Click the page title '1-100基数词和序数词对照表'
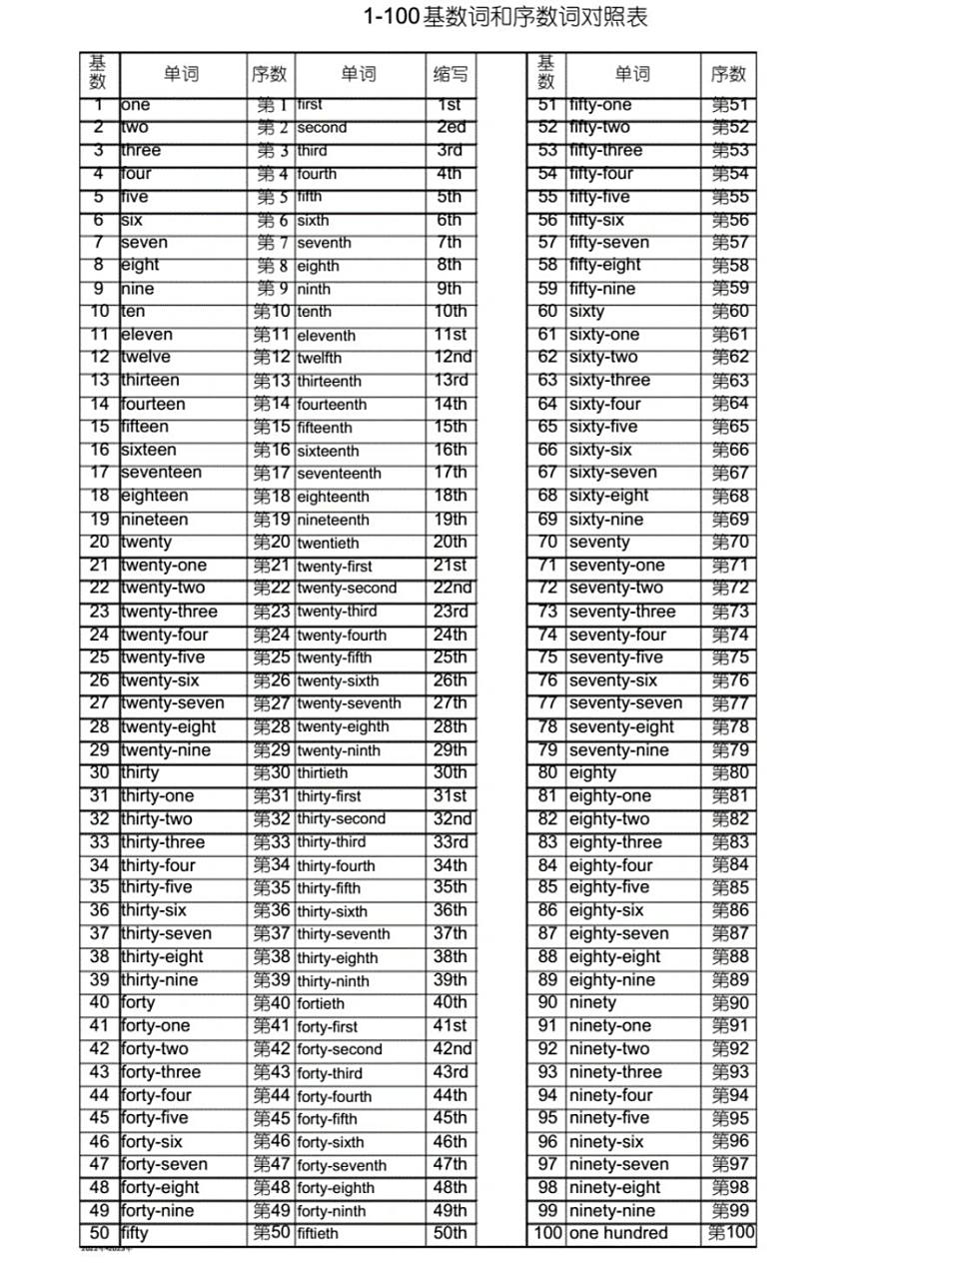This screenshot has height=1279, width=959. click(505, 17)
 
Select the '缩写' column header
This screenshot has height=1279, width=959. click(451, 74)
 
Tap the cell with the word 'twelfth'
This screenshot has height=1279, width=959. click(320, 358)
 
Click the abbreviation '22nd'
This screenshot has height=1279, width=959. click(452, 589)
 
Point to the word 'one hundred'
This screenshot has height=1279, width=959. click(618, 1233)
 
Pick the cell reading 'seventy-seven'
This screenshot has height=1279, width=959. click(625, 703)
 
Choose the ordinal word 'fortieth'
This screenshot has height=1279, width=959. click(321, 1003)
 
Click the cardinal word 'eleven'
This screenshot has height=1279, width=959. click(147, 335)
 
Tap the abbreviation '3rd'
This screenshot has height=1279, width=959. click(450, 151)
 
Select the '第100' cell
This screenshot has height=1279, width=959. click(730, 1233)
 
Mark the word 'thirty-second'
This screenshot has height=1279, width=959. click(341, 819)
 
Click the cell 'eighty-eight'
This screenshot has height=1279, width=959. click(614, 957)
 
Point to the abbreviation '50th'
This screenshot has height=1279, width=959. click(450, 1233)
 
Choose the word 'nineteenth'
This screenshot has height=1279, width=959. click(333, 520)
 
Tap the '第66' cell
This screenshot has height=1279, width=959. click(729, 451)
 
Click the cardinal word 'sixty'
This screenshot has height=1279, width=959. click(586, 312)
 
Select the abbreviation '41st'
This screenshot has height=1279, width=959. click(450, 1026)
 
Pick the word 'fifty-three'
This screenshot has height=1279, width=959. click(605, 151)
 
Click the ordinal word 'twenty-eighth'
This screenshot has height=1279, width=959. click(343, 727)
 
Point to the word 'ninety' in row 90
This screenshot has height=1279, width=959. click(592, 1003)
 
